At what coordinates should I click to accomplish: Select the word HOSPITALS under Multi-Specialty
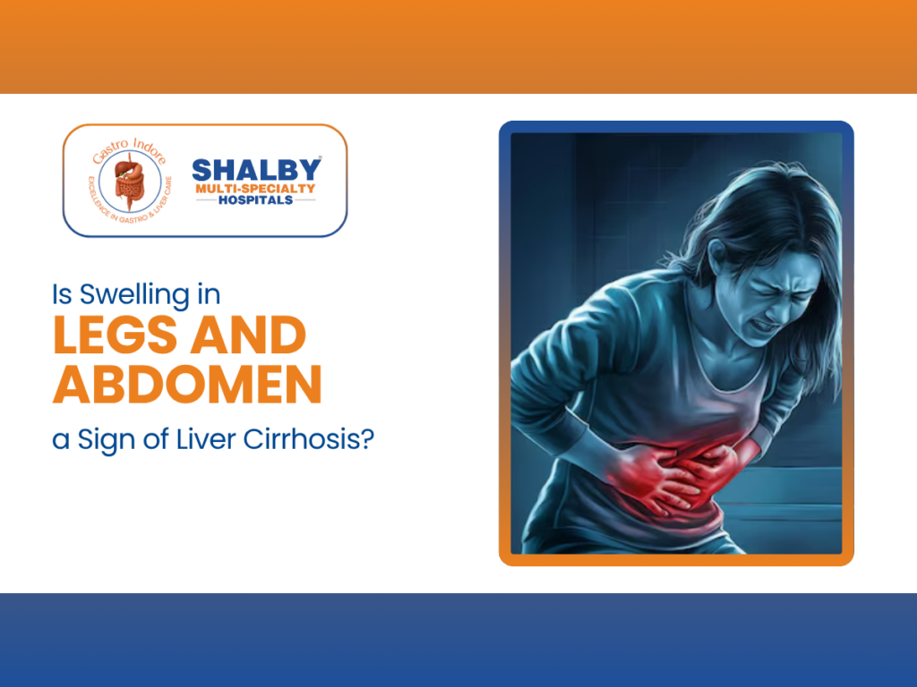coord(256,200)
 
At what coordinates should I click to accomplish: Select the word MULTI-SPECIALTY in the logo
coord(256,188)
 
